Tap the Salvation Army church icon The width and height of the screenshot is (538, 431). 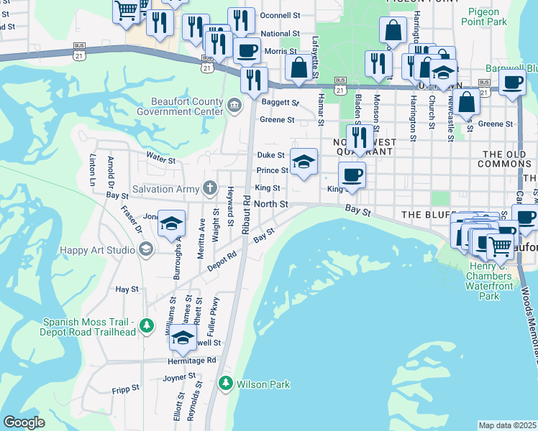[209, 189]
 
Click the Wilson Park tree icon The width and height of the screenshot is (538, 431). [226, 384]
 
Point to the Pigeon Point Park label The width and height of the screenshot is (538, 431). [487, 17]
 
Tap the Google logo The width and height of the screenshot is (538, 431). [24, 422]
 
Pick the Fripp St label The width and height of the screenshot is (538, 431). [126, 388]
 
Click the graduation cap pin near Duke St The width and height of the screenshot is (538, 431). [304, 161]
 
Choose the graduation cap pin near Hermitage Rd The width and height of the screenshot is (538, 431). [183, 338]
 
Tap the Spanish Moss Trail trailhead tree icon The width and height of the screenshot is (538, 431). [147, 326]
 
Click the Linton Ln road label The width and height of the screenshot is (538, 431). [93, 170]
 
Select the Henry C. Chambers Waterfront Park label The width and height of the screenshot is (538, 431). [489, 281]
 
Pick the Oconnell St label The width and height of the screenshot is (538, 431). [281, 15]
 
